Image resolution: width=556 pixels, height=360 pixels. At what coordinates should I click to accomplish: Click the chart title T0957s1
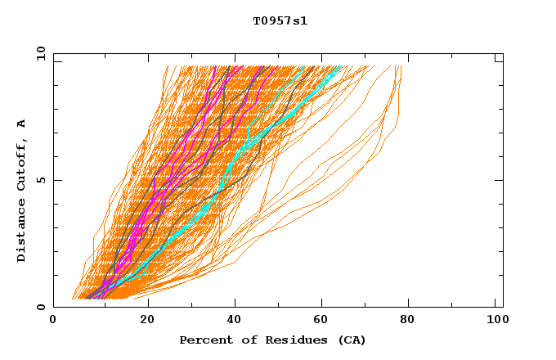tap(280, 20)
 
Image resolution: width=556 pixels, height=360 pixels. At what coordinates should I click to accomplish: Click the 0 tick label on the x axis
tap(53, 322)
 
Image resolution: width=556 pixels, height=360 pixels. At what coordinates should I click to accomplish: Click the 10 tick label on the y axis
tap(40, 54)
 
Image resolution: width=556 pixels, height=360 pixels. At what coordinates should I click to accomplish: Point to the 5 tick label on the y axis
tap(40, 180)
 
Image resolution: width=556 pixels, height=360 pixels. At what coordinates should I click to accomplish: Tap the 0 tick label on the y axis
tap(40, 307)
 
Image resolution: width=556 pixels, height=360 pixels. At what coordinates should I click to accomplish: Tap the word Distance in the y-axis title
tap(22, 232)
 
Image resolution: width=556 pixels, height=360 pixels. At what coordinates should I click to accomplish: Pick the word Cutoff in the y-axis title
tap(22, 163)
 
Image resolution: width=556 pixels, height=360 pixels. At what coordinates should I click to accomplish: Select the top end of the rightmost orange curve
tap(400, 67)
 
